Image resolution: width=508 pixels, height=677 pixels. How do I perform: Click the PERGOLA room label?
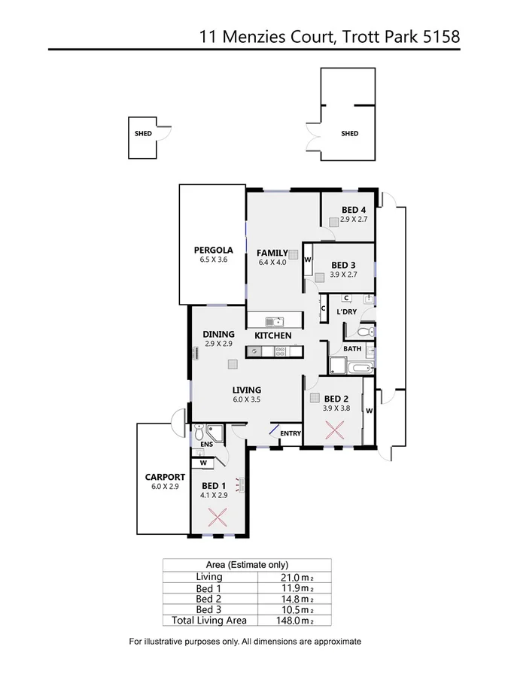213,250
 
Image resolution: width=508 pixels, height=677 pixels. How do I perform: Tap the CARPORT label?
165,477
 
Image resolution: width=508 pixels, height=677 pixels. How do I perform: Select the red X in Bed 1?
217,518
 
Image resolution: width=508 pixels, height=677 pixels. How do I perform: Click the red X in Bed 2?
335,430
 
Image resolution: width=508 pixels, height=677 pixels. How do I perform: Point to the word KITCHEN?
272,335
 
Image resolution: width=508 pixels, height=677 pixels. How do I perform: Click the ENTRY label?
290,433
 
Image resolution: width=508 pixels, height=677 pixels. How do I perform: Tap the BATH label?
352,349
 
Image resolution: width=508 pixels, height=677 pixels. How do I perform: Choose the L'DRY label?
347,311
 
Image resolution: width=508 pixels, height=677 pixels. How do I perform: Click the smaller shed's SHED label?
143,134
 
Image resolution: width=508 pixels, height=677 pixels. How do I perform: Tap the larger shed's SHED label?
350,134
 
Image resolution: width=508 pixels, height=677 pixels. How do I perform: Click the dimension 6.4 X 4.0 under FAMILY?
272,263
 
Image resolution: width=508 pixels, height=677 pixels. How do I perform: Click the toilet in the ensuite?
199,433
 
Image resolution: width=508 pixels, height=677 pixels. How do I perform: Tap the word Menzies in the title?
266,35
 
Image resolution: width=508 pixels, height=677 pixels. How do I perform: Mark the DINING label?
219,335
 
